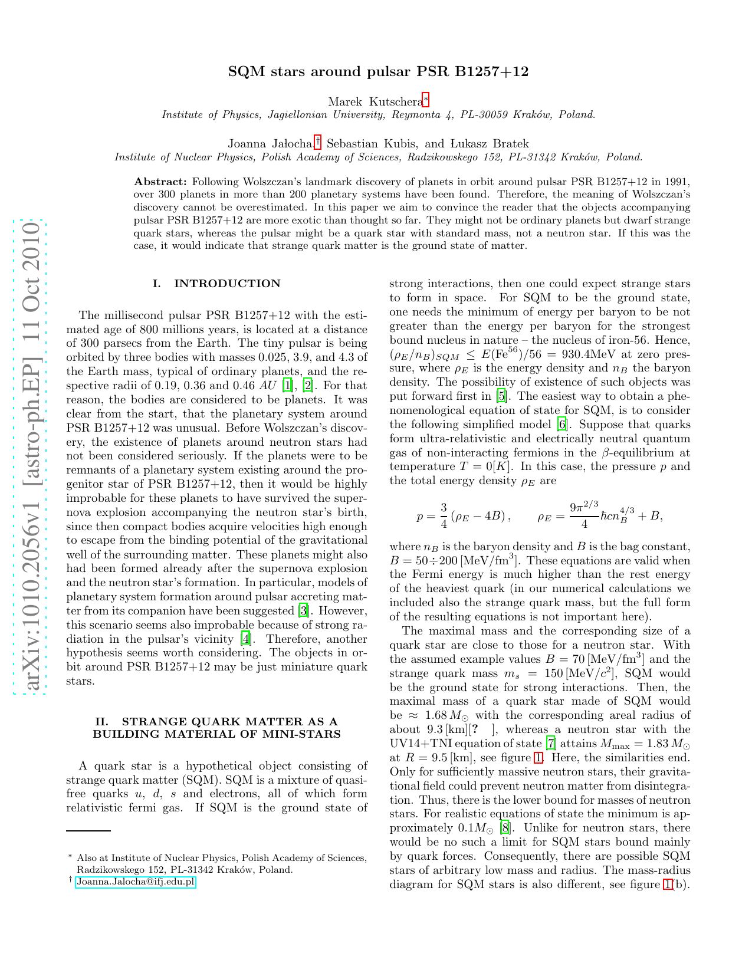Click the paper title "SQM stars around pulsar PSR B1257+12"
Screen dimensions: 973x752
point(378,72)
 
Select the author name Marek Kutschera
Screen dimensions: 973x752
point(375,102)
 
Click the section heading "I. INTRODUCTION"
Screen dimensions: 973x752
point(216,284)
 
